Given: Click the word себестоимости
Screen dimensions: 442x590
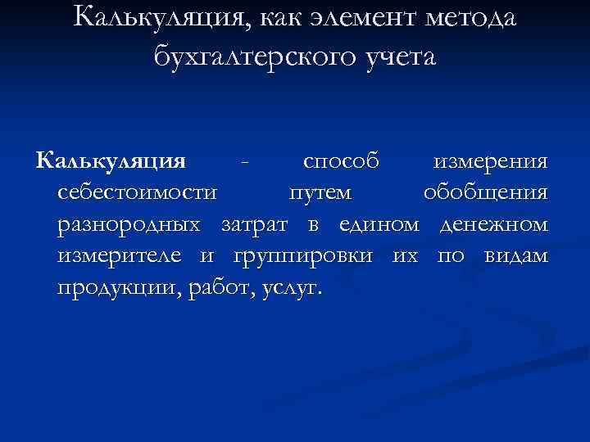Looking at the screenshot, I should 138,193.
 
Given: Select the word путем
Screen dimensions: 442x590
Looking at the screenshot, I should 320,193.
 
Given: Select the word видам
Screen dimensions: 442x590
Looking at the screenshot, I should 515,257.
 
